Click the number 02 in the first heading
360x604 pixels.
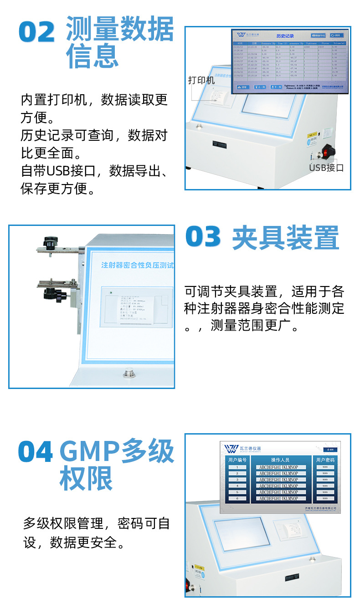pos(36,32)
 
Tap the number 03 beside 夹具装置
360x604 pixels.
pos(203,237)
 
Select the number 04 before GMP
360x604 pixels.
pos(36,452)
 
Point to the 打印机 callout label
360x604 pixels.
pos(201,81)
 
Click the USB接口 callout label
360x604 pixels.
pos(326,168)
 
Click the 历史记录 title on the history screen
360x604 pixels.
pos(285,36)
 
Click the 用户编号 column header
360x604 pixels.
pos(237,460)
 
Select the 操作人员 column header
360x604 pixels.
pos(280,460)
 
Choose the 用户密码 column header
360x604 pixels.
pos(325,460)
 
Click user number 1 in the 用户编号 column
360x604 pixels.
pos(237,467)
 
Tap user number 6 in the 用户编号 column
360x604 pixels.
pos(237,499)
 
